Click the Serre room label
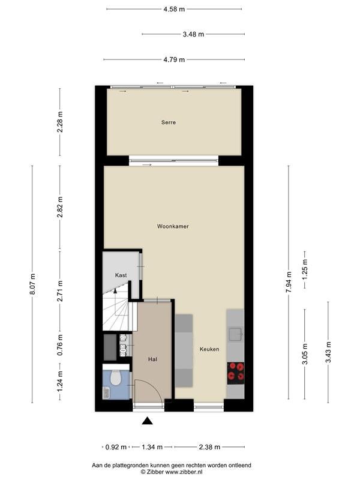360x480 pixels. point(169,122)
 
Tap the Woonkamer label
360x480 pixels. point(173,227)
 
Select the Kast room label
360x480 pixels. point(121,275)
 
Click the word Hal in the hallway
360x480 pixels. point(152,359)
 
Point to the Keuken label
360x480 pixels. point(209,349)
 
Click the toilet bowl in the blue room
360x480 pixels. point(115,378)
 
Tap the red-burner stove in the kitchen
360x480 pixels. point(236,373)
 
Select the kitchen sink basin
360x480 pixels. point(235,334)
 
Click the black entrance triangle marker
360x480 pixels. point(147,421)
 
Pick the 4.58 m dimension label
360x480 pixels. point(174,9)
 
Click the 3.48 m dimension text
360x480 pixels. point(193,34)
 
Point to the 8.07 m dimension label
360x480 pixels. point(32,284)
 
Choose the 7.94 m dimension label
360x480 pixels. point(289,282)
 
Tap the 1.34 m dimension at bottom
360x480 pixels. point(152,447)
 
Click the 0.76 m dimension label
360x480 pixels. point(60,344)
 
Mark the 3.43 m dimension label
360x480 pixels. point(328,352)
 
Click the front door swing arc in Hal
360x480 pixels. point(154,385)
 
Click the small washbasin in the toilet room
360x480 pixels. point(106,393)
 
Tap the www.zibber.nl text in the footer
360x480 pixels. point(183,472)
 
